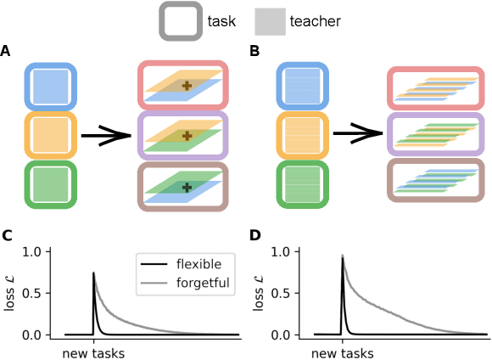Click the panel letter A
click(6, 53)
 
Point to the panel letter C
click(6, 235)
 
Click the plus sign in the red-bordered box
click(187, 87)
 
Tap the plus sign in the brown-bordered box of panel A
click(187, 186)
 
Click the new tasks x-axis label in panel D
click(342, 351)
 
